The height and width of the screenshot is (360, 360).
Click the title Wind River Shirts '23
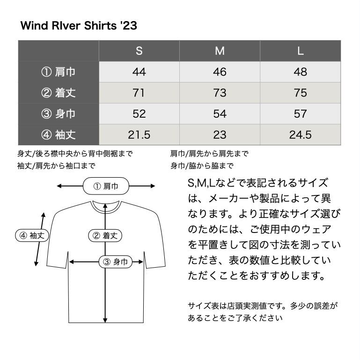(79, 25)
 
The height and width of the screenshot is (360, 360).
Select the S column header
(139, 51)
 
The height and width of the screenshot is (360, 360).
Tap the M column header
(220, 51)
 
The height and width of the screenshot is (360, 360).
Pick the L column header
(301, 51)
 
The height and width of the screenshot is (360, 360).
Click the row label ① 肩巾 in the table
(59, 72)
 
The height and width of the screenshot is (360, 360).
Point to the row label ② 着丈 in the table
(59, 93)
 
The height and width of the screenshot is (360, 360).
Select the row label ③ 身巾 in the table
(59, 114)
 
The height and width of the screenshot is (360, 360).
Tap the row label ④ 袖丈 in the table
(59, 135)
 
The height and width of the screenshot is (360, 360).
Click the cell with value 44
(139, 72)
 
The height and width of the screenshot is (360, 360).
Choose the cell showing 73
(220, 93)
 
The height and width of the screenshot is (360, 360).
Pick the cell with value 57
(301, 114)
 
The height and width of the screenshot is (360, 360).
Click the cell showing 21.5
(139, 135)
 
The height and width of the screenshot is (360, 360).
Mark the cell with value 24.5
(301, 135)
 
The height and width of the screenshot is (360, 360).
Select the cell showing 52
(139, 114)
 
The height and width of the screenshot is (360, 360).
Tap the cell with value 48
(301, 72)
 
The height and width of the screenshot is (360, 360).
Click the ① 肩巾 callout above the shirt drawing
(106, 186)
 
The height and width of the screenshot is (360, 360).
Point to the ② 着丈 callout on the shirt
(105, 235)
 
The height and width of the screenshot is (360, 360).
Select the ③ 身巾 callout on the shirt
(115, 262)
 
